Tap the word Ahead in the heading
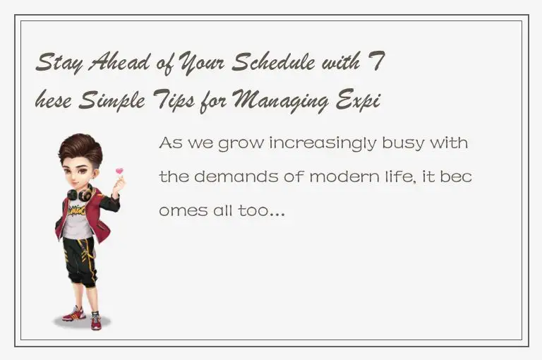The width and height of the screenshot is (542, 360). pyautogui.click(x=114, y=65)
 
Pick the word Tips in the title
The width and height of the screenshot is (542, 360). pyautogui.click(x=168, y=103)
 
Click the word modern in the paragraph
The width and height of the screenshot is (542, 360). pyautogui.click(x=337, y=177)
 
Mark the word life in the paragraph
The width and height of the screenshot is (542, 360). pyautogui.click(x=402, y=177)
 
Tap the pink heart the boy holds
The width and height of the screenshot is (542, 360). pyautogui.click(x=119, y=172)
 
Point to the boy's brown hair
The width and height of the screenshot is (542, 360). pyautogui.click(x=79, y=148)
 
